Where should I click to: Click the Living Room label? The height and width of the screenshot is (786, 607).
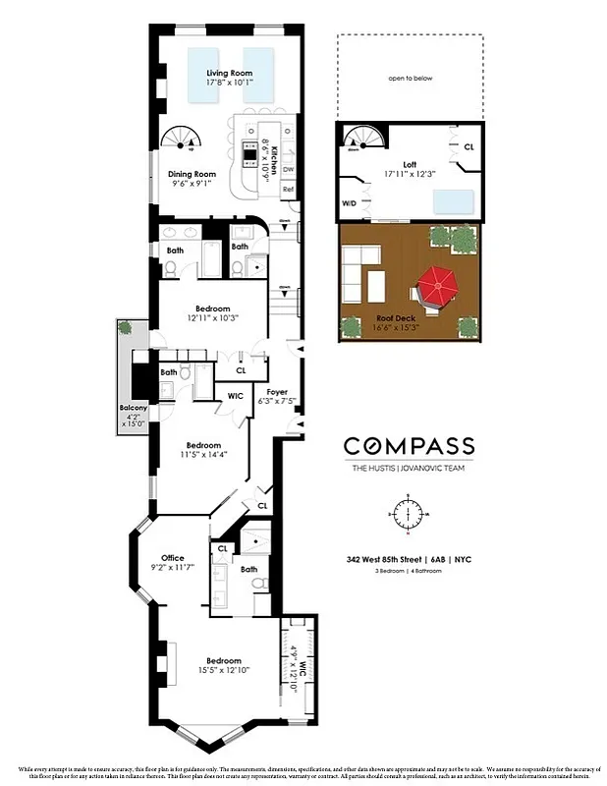[x=230, y=75]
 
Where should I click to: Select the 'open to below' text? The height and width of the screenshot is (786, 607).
[x=411, y=78]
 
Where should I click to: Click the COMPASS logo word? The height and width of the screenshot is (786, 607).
[x=409, y=446]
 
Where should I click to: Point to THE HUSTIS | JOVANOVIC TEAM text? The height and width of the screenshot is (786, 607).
[x=409, y=469]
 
